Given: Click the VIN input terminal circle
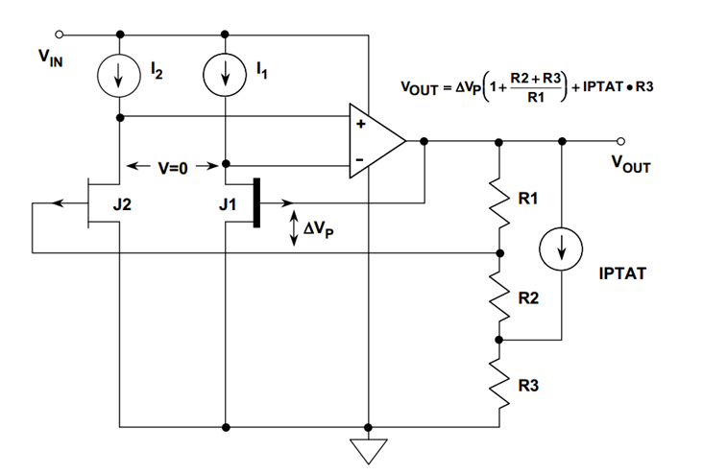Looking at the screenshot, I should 61,36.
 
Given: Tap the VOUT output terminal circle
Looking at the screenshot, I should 622,141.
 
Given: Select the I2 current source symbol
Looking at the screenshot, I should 119,77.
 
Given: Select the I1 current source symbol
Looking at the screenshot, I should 224,77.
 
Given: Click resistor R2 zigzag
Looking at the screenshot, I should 500,297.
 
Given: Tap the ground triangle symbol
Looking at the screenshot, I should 369,448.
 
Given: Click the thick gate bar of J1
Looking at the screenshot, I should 255,202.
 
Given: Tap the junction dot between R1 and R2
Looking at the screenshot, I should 500,253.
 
